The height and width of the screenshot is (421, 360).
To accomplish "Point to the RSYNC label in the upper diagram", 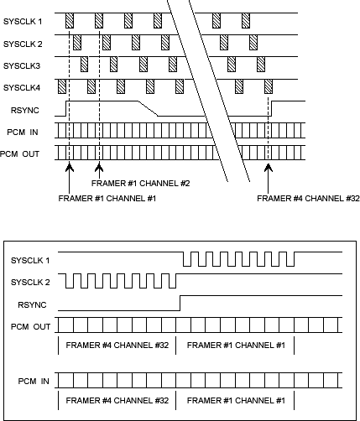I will [x=25, y=108].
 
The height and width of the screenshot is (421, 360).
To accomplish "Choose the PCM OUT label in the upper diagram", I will [x=20, y=153].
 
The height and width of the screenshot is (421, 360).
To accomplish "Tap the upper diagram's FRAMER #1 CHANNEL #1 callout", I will [x=108, y=199].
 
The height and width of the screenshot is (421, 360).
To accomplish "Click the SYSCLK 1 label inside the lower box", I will [x=30, y=262].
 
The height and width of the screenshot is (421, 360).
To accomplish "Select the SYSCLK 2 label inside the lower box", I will [x=30, y=283].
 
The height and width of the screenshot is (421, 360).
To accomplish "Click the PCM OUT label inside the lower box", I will [x=29, y=325].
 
